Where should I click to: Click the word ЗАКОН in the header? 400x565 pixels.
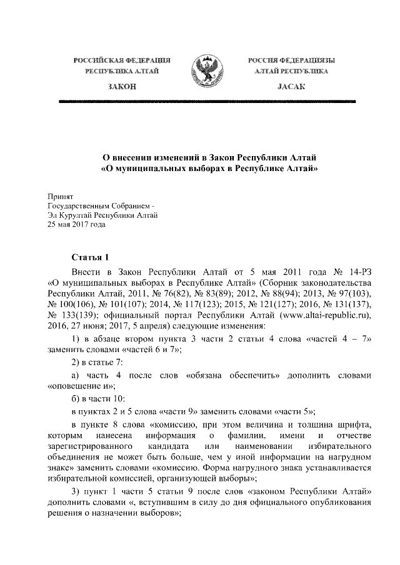[122, 87]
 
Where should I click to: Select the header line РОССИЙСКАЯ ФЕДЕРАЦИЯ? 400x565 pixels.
[122, 60]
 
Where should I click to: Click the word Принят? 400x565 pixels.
[60, 195]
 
